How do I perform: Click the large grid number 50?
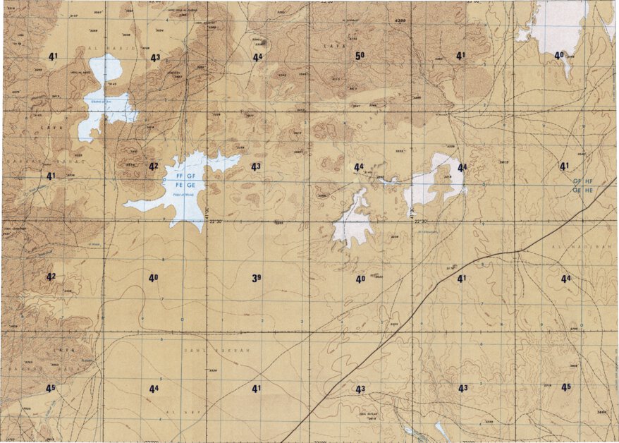360,56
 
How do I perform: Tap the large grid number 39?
257,279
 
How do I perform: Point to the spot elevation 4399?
400,20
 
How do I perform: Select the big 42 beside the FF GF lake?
153,166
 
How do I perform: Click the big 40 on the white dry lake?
559,55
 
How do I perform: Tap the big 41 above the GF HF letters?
564,166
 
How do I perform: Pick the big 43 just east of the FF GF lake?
256,166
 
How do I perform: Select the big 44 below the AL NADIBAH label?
565,279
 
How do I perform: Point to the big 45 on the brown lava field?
51,389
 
